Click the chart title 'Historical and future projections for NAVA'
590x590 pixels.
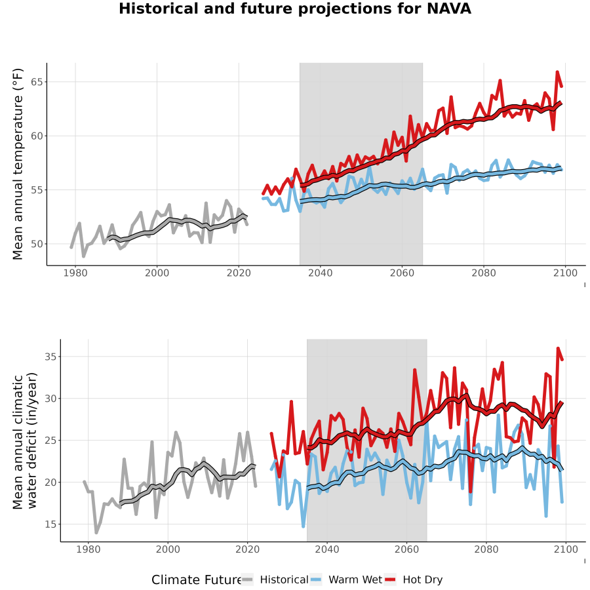click(x=295, y=9)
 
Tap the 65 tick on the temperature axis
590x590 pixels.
click(x=37, y=82)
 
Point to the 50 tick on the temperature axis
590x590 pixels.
click(x=37, y=244)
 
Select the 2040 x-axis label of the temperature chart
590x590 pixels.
click(x=320, y=273)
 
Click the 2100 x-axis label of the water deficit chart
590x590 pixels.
click(x=566, y=550)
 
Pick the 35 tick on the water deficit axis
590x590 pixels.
click(x=50, y=357)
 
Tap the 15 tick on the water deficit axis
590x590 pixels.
click(x=50, y=524)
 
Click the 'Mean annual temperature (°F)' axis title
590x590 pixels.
click(x=18, y=164)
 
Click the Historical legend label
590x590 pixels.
click(x=284, y=580)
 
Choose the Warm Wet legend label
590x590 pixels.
click(x=355, y=580)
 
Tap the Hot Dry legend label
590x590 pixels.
click(x=423, y=580)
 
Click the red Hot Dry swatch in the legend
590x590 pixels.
click(x=390, y=580)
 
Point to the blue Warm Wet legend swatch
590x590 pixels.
click(x=316, y=580)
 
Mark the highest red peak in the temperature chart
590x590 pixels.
click(x=557, y=71)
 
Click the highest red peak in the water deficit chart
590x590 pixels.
click(x=558, y=348)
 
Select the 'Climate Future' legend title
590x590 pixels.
click(x=197, y=580)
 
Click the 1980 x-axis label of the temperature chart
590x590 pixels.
click(x=75, y=273)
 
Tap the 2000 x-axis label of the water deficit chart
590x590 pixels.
click(x=168, y=550)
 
